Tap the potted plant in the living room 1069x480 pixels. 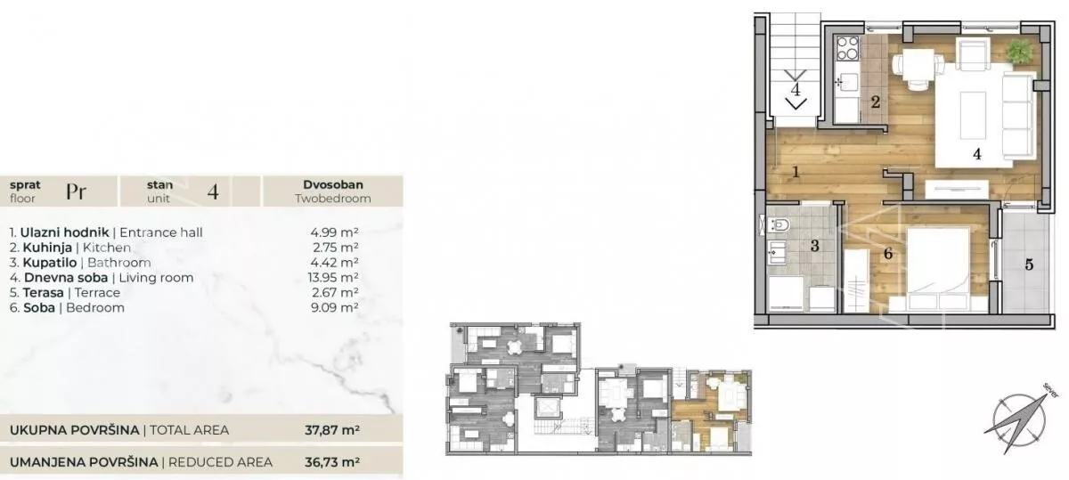coord(1020,52)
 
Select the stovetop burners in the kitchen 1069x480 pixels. coord(847,49)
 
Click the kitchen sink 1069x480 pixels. coord(846,82)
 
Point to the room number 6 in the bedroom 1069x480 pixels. coord(888,254)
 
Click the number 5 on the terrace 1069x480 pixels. coord(1030,264)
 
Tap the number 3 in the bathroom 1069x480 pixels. coord(814,246)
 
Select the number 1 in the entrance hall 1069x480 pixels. coord(796,172)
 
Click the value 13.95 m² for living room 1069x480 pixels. coord(333,277)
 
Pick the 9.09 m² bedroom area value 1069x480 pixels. coord(335,307)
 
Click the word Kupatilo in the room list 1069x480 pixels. coord(50,263)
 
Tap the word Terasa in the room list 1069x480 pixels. coord(43,292)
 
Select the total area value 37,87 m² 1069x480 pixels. coord(332,430)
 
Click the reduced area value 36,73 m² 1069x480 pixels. coord(332,462)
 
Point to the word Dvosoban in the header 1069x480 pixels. coord(333,184)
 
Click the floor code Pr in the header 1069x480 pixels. coord(77,191)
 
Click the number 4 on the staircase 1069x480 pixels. coord(795,89)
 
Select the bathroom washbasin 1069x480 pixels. coord(777,251)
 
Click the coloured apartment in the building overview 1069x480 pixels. coord(711,411)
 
